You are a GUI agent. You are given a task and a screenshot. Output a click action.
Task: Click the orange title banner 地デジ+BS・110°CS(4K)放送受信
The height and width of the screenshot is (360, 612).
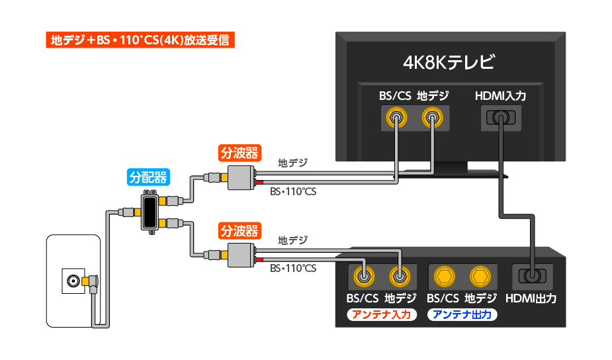[x=140, y=40]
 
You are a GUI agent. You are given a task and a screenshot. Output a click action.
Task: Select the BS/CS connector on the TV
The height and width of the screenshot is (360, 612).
[x=396, y=119]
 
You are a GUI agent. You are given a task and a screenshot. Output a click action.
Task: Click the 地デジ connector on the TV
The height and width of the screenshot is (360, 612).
[x=432, y=119]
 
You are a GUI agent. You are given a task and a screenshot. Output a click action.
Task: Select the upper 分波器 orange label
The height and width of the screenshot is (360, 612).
[x=239, y=153]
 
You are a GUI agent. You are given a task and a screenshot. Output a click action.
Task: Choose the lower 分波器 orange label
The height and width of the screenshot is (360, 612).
[x=239, y=231]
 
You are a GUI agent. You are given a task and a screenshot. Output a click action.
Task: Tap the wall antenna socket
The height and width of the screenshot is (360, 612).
[x=71, y=281]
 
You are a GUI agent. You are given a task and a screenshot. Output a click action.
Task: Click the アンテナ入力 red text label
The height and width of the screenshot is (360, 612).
[x=381, y=314]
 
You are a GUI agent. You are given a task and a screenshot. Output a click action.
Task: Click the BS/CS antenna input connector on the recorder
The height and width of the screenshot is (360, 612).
[x=362, y=275]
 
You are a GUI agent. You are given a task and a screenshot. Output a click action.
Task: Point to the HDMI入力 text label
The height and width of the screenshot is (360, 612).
[x=500, y=96]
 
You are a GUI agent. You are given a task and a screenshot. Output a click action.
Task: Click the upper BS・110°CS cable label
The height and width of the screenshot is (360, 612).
[x=293, y=191]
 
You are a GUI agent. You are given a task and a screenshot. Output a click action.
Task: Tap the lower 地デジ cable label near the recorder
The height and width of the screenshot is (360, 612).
[x=292, y=240]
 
